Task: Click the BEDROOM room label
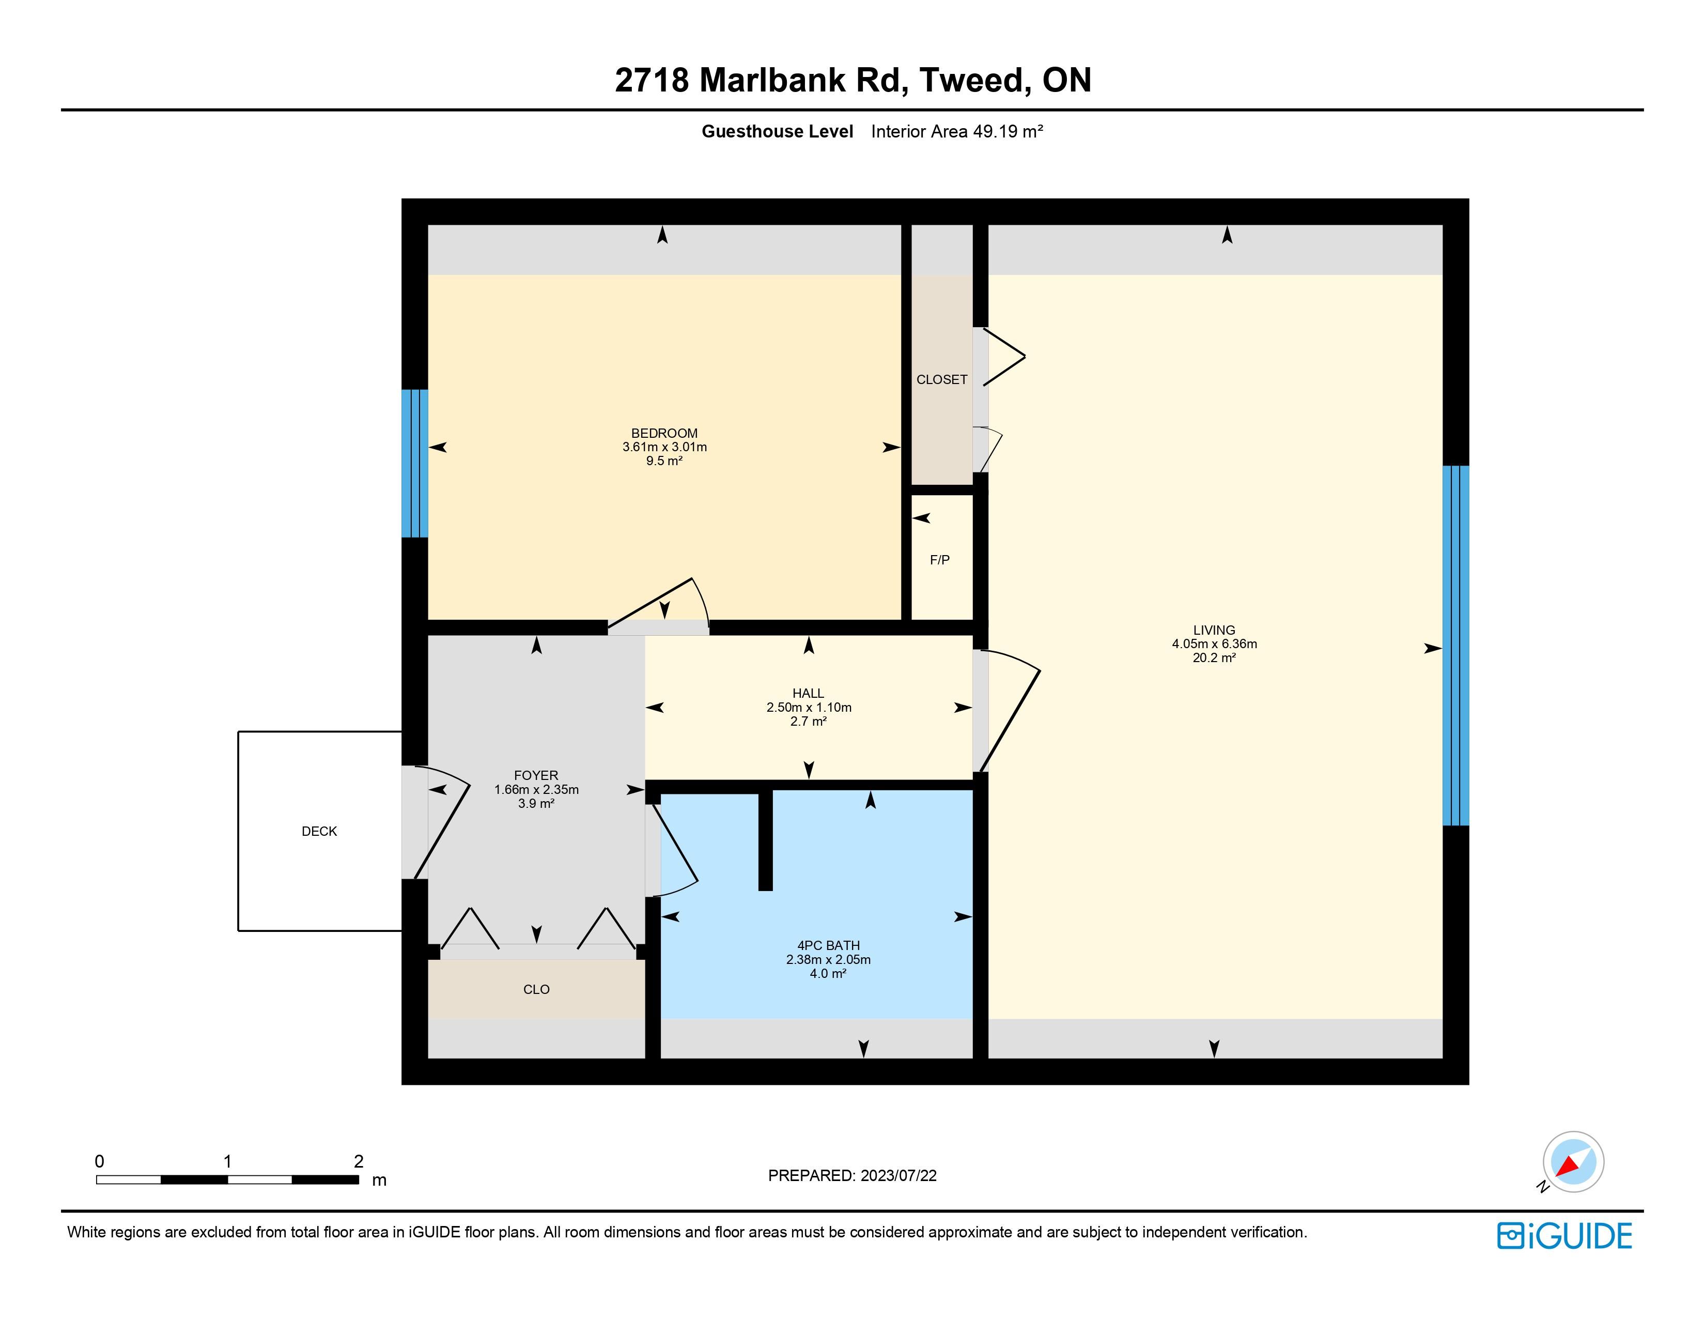(664, 433)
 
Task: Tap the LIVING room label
(1214, 630)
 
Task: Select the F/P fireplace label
(940, 560)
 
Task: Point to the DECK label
(319, 832)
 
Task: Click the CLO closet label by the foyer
(536, 989)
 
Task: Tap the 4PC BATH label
(828, 945)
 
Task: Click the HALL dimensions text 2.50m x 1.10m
(809, 708)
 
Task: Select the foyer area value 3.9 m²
(536, 803)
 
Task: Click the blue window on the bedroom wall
(414, 464)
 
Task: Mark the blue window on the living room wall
(1455, 646)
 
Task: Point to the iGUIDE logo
(1564, 1236)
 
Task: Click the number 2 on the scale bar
(359, 1161)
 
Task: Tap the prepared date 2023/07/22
(898, 1176)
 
